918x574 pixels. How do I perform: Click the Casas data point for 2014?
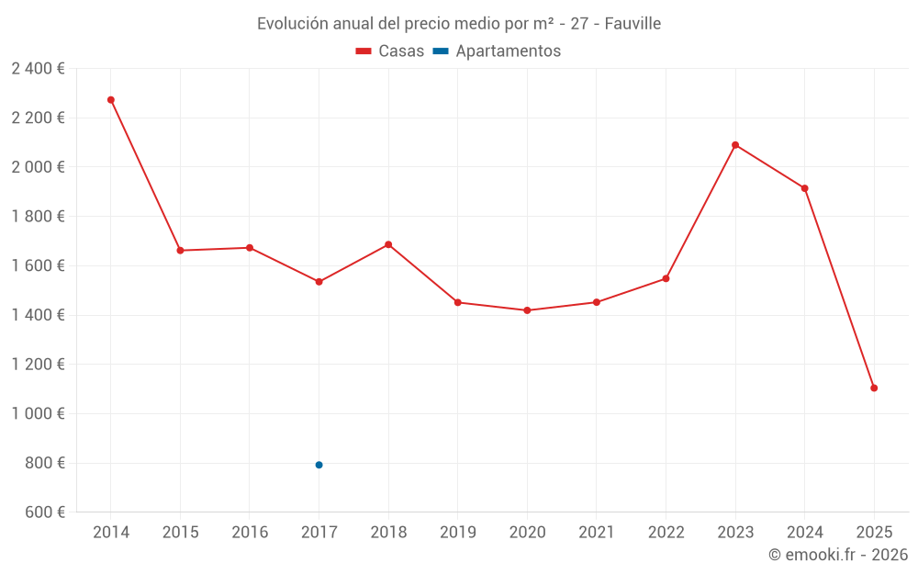point(111,100)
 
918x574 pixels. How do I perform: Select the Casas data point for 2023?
point(735,145)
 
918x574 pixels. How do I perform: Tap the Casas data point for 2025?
point(874,388)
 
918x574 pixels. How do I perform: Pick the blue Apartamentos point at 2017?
point(319,465)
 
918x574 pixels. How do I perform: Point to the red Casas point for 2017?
point(319,282)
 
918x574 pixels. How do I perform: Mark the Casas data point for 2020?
point(527,310)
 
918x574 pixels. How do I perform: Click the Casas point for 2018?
point(388,244)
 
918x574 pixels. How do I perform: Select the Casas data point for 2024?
point(804,188)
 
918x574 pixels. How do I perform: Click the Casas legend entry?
point(390,51)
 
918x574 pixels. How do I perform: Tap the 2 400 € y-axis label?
point(38,68)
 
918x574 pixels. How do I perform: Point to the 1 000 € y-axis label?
point(38,413)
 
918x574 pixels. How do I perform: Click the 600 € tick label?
point(44,512)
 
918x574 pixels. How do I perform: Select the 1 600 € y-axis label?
point(38,265)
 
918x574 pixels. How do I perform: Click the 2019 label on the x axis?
point(457,533)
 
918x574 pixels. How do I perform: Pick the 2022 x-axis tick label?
point(666,533)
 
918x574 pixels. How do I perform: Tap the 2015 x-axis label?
point(180,533)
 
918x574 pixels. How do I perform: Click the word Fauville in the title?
point(633,24)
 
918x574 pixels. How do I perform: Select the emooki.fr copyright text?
point(837,555)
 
